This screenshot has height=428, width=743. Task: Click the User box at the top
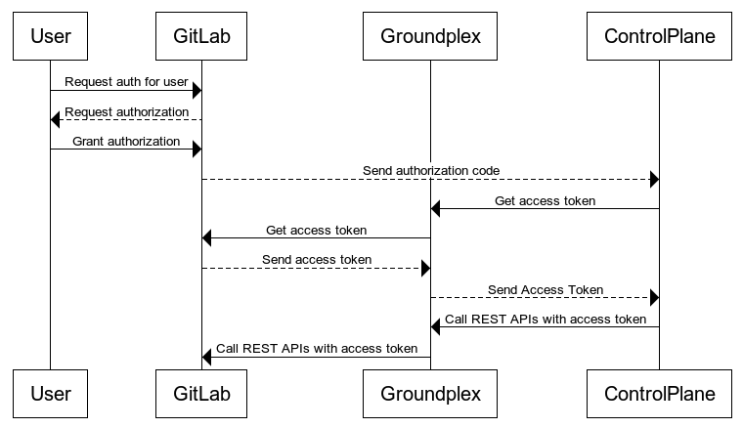click(x=50, y=37)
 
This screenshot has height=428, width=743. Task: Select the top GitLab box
click(x=201, y=37)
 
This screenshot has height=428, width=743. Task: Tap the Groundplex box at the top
click(x=430, y=37)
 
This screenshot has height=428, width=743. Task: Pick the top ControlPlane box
click(x=659, y=37)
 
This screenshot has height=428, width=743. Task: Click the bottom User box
click(x=50, y=395)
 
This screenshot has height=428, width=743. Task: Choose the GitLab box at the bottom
click(x=201, y=395)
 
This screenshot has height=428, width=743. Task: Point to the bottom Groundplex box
click(x=430, y=395)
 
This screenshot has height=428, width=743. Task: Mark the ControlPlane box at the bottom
click(x=659, y=395)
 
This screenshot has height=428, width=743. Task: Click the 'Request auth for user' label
click(x=126, y=82)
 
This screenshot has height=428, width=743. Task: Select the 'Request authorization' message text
click(x=126, y=112)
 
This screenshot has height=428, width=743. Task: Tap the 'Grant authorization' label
click(x=126, y=142)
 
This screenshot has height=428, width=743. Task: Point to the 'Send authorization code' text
click(x=431, y=171)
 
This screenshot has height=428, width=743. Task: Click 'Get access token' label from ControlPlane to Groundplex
click(x=545, y=201)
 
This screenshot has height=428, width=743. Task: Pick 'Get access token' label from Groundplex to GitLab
click(x=316, y=231)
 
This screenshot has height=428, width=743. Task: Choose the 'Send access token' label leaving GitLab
click(x=316, y=260)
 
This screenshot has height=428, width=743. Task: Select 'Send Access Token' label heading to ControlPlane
click(x=545, y=290)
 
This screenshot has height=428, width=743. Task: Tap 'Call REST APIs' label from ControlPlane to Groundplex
click(x=545, y=319)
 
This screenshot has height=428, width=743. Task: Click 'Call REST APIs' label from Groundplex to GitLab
click(x=316, y=348)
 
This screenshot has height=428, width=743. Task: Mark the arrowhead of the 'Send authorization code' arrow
click(x=654, y=180)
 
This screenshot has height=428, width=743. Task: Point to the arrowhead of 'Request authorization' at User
click(x=56, y=120)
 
